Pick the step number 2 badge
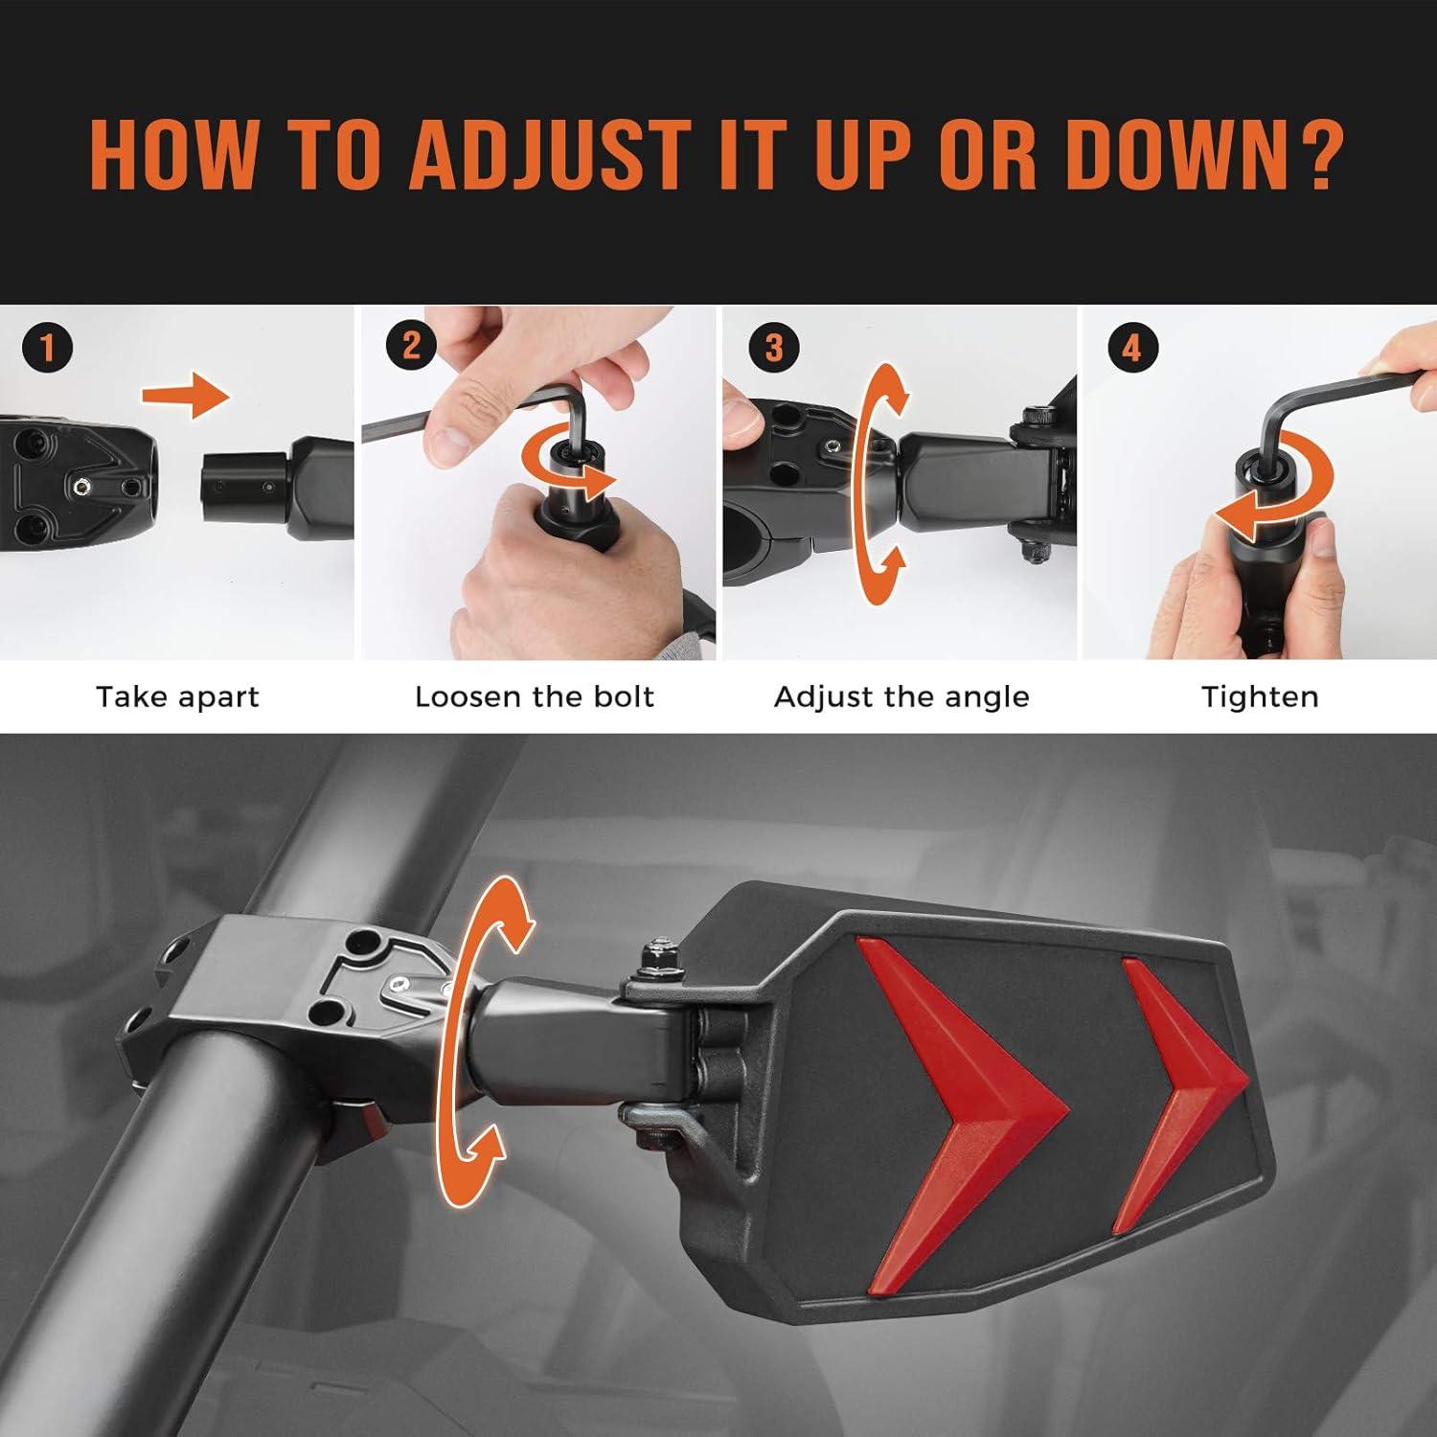click(411, 345)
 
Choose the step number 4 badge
click(1131, 347)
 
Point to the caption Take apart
click(177, 696)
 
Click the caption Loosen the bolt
click(535, 696)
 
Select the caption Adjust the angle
click(901, 696)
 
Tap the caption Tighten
click(1260, 696)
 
